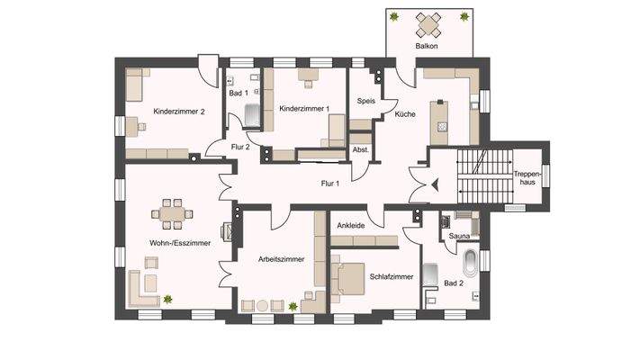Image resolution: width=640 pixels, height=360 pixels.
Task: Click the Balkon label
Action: pos(426,44)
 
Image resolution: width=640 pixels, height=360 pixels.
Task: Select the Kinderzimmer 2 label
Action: pos(179,112)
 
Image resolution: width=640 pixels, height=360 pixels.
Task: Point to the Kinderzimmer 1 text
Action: pos(303,109)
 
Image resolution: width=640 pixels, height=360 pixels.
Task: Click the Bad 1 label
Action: pos(238,93)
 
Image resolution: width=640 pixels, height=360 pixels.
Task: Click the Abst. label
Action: pos(361,148)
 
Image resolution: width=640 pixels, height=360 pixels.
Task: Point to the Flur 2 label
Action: pos(240,147)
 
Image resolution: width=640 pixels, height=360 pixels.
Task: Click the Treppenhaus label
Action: pos(525,176)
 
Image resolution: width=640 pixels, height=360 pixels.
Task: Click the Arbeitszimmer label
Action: pos(281,259)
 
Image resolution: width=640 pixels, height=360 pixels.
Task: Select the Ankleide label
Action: pos(351,226)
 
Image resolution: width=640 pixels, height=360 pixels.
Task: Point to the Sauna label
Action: pos(459,236)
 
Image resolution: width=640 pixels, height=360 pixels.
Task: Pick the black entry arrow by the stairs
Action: pos(434,184)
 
